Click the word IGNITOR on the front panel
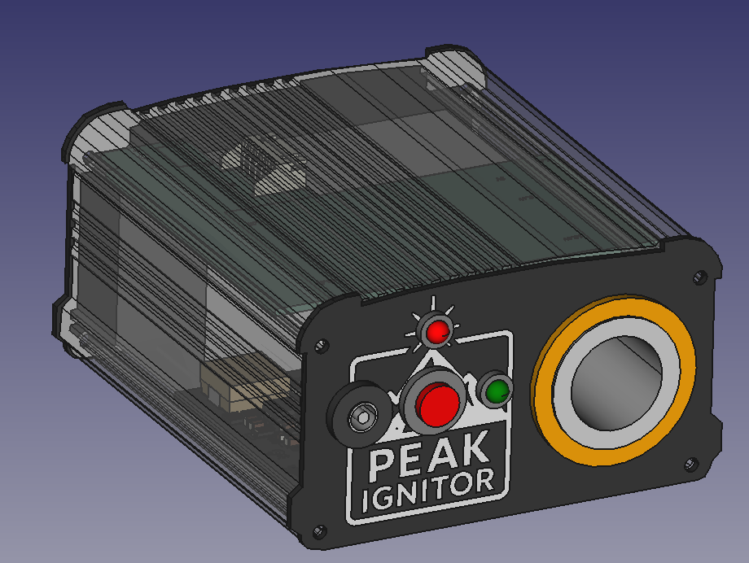(x=428, y=491)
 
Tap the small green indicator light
(x=497, y=391)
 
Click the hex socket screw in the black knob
(x=360, y=418)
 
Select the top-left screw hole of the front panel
(x=321, y=346)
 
